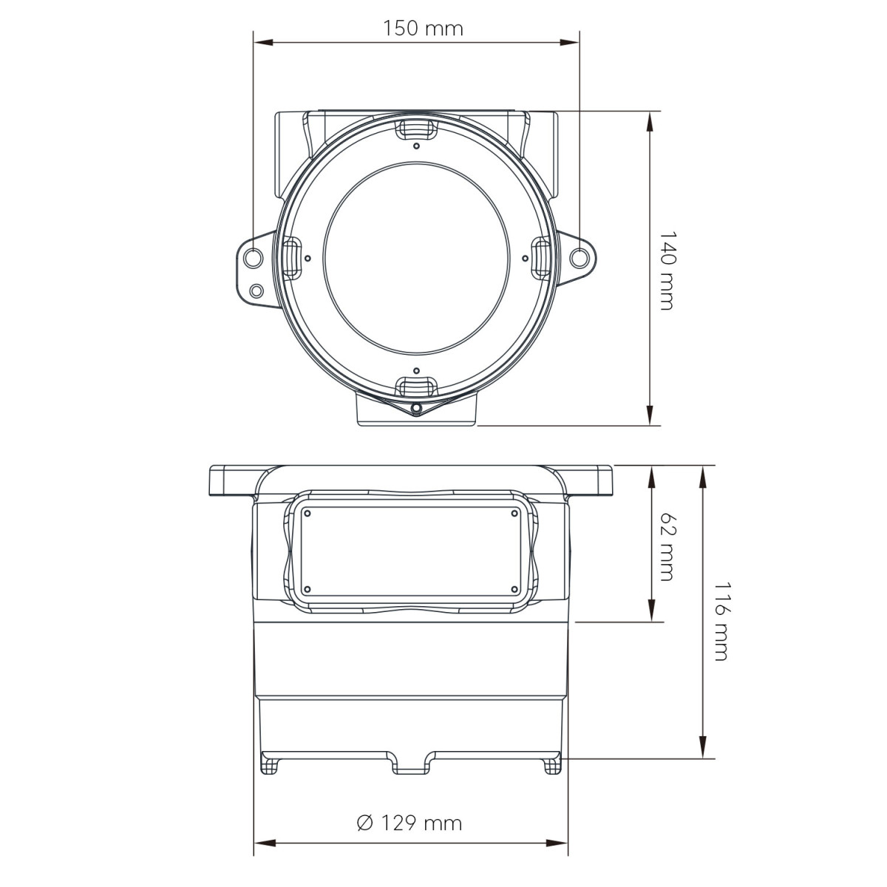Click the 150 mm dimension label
pyautogui.click(x=423, y=29)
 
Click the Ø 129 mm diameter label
pyautogui.click(x=409, y=823)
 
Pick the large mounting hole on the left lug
pyautogui.click(x=253, y=258)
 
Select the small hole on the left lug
pyautogui.click(x=256, y=290)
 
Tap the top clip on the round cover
pyautogui.click(x=416, y=129)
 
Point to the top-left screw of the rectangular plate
pyautogui.click(x=308, y=513)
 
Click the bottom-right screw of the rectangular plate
pyautogui.click(x=514, y=589)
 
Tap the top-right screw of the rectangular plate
pyautogui.click(x=514, y=513)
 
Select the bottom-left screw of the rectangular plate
pyautogui.click(x=308, y=589)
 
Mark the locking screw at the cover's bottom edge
pyautogui.click(x=416, y=408)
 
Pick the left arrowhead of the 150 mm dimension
pyautogui.click(x=259, y=42)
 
